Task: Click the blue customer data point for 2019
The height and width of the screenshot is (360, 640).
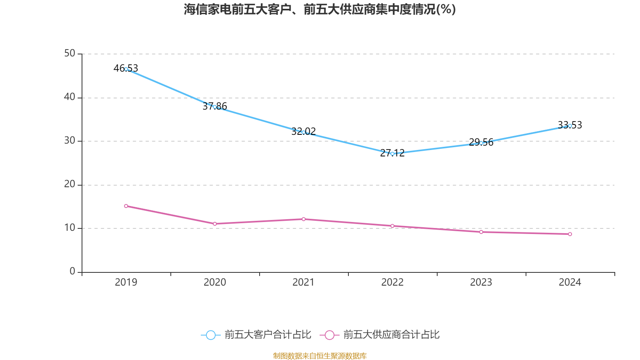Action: tap(126, 69)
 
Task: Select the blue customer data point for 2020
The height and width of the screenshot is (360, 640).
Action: tap(215, 107)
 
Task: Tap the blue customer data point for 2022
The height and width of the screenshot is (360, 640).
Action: tap(392, 154)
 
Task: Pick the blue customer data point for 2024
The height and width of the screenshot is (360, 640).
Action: tap(570, 126)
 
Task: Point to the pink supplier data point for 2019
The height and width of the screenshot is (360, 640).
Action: tap(126, 206)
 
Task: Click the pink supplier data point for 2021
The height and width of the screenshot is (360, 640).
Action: tap(304, 219)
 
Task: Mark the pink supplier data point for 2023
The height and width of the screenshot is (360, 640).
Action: tap(481, 232)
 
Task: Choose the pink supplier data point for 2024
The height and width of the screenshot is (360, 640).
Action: tap(570, 234)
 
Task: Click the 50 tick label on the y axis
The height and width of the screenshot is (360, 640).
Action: tap(70, 54)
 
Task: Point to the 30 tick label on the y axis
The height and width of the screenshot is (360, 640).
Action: tap(70, 141)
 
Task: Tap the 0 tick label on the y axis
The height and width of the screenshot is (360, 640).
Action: tap(72, 272)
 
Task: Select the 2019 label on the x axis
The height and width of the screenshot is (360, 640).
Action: tap(126, 282)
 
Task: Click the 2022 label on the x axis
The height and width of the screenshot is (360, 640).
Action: tap(392, 282)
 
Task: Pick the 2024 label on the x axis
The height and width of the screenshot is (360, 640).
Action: tap(570, 282)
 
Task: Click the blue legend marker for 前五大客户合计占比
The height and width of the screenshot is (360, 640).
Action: tap(210, 335)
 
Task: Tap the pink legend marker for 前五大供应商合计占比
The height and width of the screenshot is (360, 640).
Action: tap(329, 335)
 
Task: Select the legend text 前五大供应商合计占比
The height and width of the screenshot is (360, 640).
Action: tap(391, 335)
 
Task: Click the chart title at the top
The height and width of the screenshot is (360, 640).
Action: tap(320, 9)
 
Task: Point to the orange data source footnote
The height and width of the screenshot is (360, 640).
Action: tap(320, 356)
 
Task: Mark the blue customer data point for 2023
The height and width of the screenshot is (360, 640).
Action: tap(481, 143)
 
